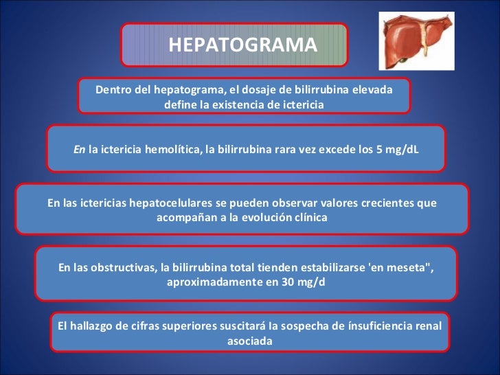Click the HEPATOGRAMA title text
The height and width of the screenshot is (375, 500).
click(x=242, y=45)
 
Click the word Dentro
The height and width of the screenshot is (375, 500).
click(x=113, y=91)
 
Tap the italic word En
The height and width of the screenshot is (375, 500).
click(x=79, y=149)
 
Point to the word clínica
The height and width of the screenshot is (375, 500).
click(x=308, y=217)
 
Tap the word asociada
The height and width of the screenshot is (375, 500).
click(x=249, y=340)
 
